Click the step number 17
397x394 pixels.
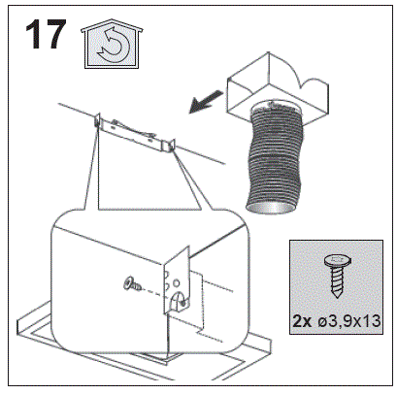pyautogui.click(x=46, y=34)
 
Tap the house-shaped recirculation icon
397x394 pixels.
pyautogui.click(x=112, y=45)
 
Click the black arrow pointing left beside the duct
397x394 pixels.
pyautogui.click(x=206, y=101)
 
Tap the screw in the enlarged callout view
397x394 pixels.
pyautogui.click(x=132, y=283)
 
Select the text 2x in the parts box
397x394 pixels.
pyautogui.click(x=302, y=321)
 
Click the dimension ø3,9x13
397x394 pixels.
pyautogui.click(x=347, y=321)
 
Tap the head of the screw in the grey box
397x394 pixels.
pyautogui.click(x=337, y=260)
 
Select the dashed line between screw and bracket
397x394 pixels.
pyautogui.click(x=153, y=290)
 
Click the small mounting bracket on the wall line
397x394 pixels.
pyautogui.click(x=135, y=133)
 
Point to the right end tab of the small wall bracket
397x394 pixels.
pyautogui.click(x=171, y=146)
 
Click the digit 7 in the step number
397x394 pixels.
pyautogui.click(x=55, y=34)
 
